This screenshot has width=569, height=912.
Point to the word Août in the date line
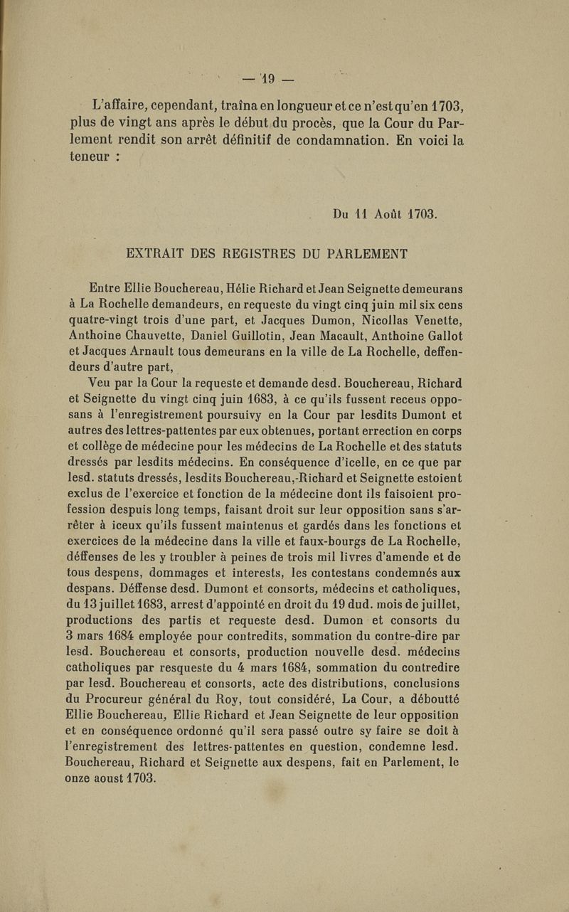[x=388, y=213]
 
